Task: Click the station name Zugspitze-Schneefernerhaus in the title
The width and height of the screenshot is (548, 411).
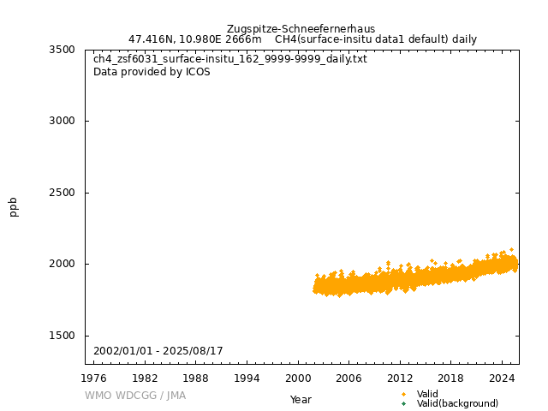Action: [x=301, y=29]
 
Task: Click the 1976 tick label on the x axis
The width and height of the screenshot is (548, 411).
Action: [x=94, y=378]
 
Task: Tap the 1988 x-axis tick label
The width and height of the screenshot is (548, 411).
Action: [x=196, y=378]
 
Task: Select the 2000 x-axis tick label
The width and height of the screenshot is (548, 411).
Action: [x=298, y=378]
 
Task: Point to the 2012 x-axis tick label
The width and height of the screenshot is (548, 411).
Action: [x=400, y=378]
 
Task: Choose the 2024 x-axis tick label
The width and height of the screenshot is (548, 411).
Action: [x=502, y=378]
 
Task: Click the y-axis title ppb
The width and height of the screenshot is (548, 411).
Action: [x=14, y=206]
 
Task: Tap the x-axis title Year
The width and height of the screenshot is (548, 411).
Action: [x=301, y=399]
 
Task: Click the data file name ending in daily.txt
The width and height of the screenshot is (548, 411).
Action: [x=229, y=59]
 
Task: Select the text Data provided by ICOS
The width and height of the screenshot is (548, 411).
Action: [x=152, y=72]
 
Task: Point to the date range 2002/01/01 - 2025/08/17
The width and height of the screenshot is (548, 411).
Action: [x=158, y=352]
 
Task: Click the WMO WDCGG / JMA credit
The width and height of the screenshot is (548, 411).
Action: [x=135, y=396]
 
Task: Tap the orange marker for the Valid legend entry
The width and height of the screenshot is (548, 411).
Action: [x=403, y=394]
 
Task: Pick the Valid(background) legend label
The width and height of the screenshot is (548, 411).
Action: [x=457, y=403]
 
